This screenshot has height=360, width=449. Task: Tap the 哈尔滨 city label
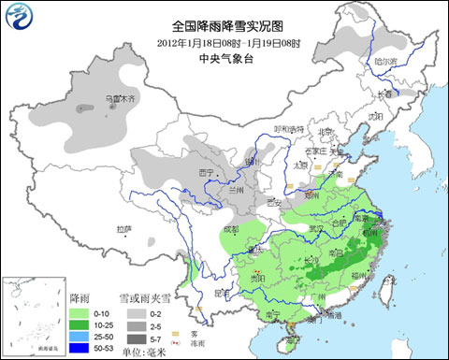385,62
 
